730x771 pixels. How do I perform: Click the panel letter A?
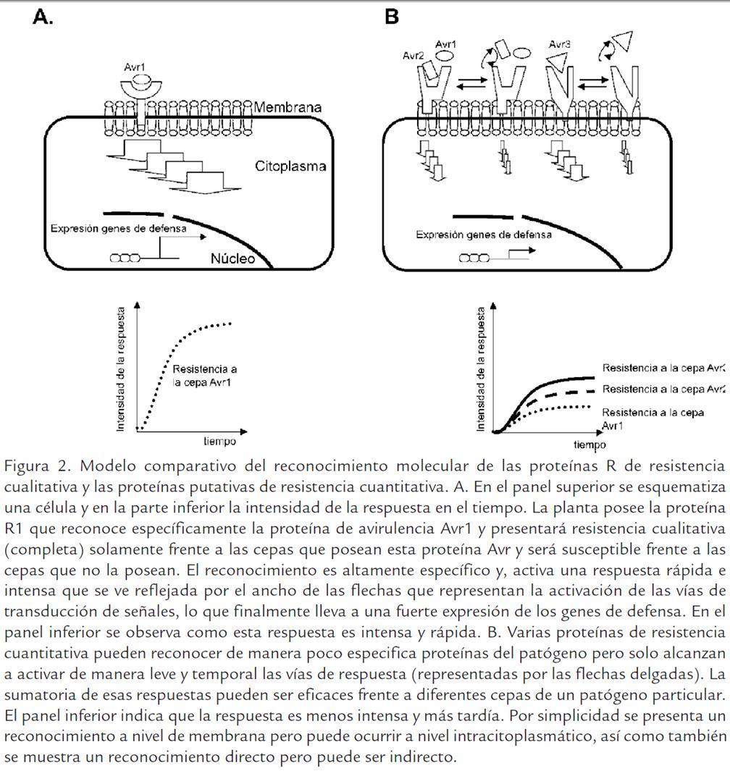[x=43, y=17]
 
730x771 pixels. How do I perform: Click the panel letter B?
[x=392, y=17]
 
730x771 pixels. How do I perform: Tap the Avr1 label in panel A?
[x=135, y=68]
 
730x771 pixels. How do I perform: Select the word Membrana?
[x=288, y=108]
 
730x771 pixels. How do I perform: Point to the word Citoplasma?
[x=290, y=166]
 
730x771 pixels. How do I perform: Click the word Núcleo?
[x=232, y=258]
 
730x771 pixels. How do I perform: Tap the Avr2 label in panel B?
[x=414, y=56]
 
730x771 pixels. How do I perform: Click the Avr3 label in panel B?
[x=559, y=44]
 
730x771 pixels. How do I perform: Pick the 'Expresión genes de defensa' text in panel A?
[x=119, y=228]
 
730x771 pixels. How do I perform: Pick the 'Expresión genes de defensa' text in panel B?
[x=484, y=235]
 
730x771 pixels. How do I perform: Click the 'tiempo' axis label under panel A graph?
[x=219, y=441]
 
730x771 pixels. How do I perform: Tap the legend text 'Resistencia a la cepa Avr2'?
[x=663, y=389]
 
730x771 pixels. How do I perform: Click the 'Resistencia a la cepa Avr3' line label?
[x=663, y=368]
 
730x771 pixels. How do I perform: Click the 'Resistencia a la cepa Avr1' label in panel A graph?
[x=205, y=376]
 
